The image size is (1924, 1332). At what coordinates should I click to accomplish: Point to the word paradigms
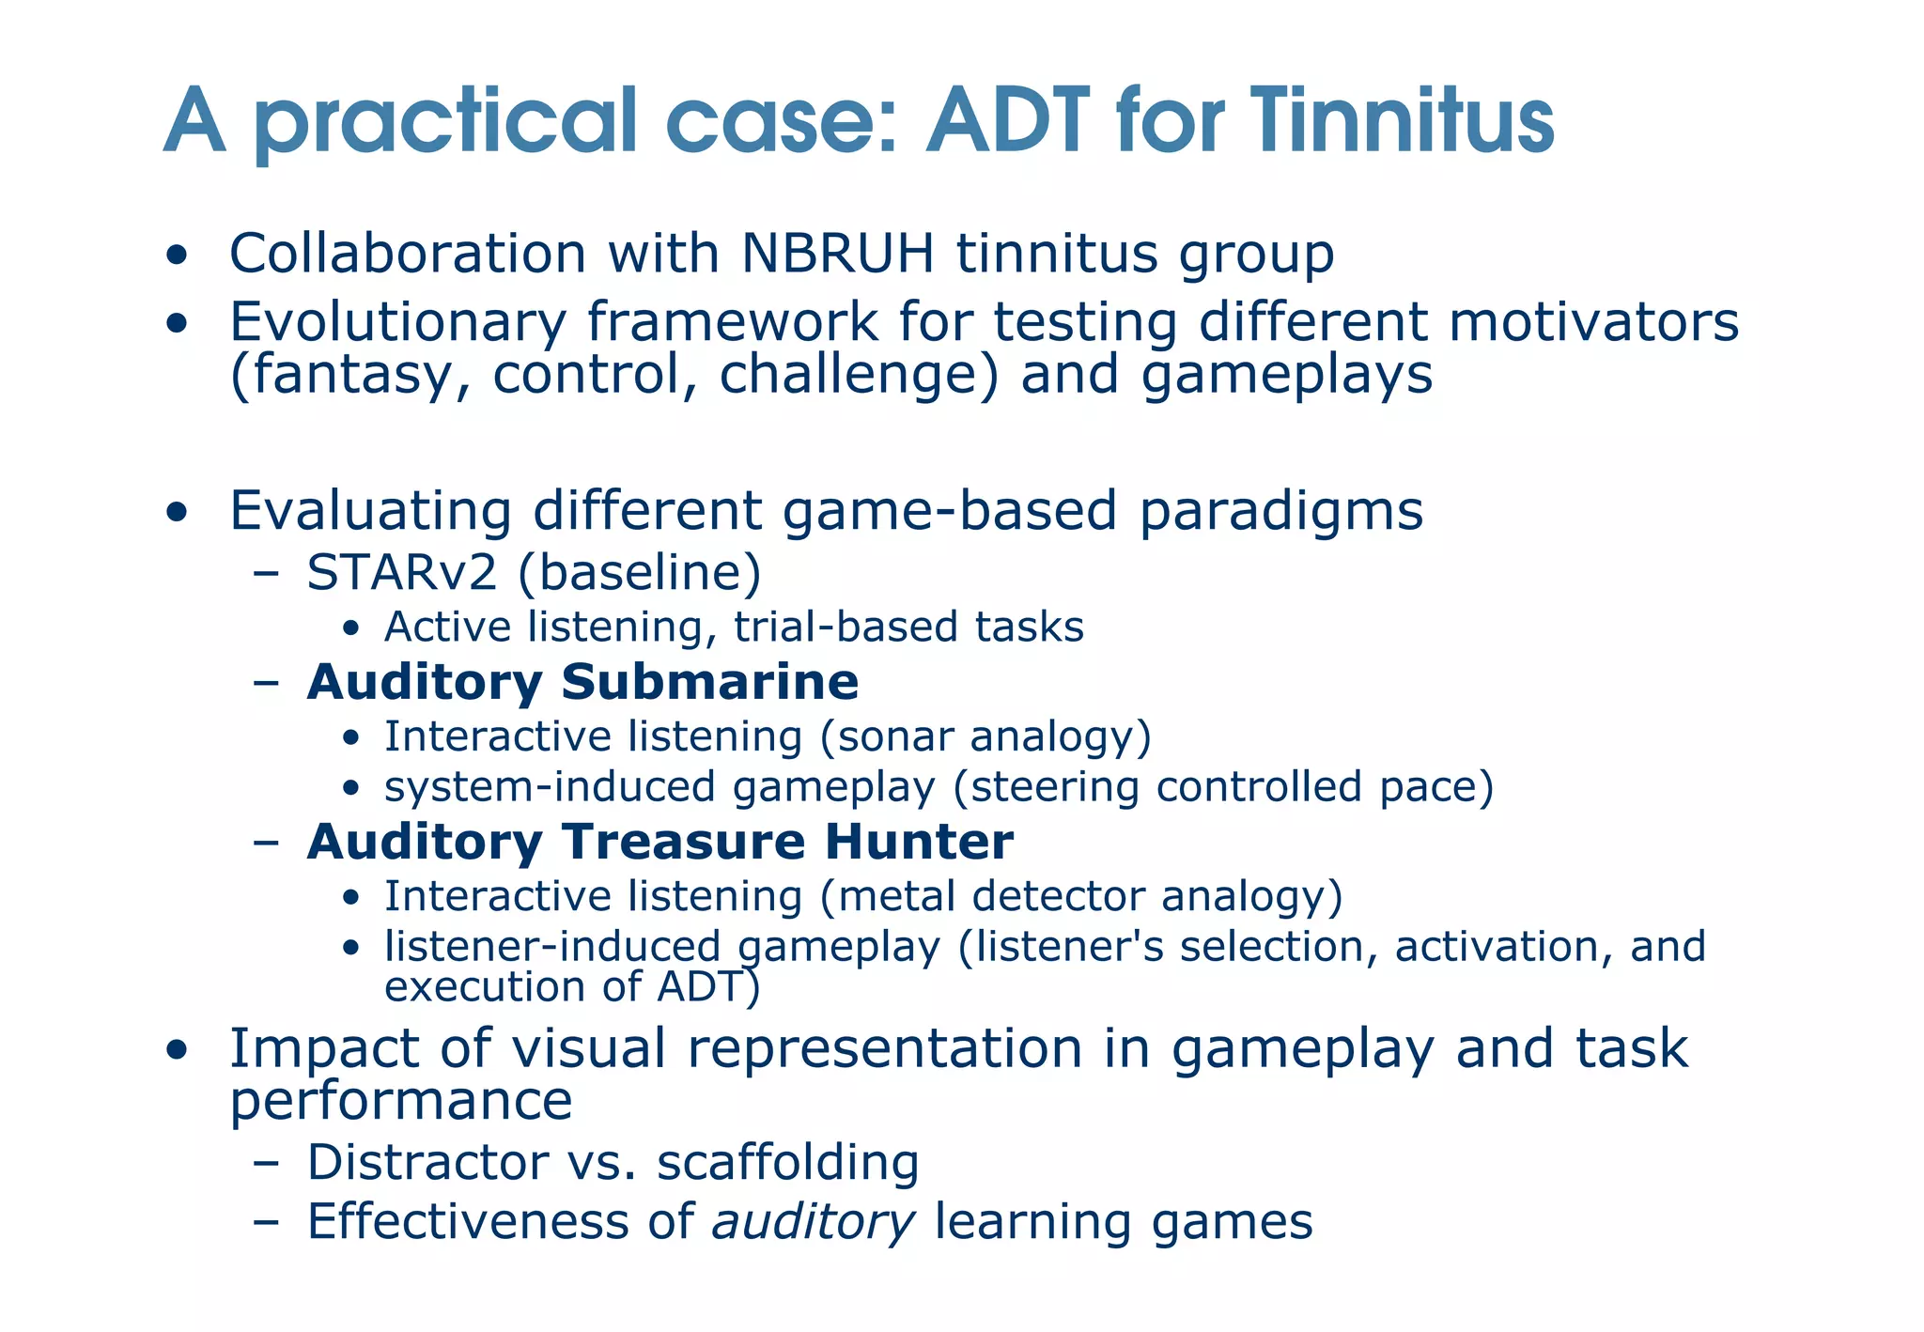click(x=1281, y=512)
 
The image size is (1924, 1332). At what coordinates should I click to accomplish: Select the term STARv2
click(x=401, y=573)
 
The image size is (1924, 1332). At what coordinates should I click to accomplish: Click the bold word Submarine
click(x=709, y=682)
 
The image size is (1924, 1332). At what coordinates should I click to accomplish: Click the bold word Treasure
click(x=683, y=842)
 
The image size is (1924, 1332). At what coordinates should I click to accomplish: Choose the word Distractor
click(x=427, y=1163)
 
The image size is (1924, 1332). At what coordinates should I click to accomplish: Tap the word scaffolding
click(x=787, y=1163)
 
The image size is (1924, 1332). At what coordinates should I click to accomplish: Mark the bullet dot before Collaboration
click(x=176, y=256)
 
